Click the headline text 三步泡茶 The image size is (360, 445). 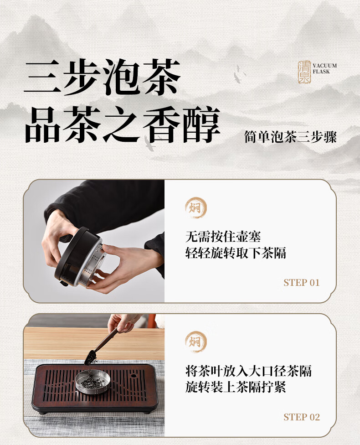coord(102,77)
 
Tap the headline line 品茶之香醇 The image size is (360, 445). coord(123,124)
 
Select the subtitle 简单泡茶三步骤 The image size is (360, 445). coord(290,137)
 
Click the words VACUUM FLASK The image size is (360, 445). coord(325,68)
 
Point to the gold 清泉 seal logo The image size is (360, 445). coord(304,72)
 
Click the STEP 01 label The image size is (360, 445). coord(302,283)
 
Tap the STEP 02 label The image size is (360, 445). coord(302,417)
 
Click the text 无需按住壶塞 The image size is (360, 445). coord(223,236)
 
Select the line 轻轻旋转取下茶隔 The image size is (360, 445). coord(236,253)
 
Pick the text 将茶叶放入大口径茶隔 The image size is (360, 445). coord(248,371)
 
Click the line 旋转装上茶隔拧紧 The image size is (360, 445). coord(236,387)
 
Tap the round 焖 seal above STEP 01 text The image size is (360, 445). coord(196,208)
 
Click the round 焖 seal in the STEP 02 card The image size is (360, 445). coord(196,342)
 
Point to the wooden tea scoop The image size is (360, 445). coord(103,346)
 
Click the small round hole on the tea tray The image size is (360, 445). coord(134,376)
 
